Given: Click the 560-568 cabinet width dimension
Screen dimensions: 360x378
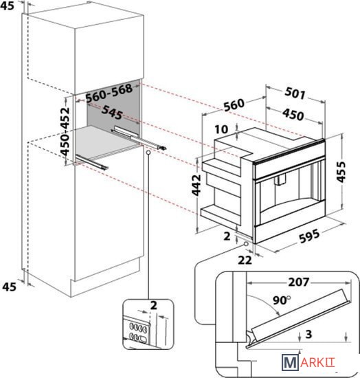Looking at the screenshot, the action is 109,93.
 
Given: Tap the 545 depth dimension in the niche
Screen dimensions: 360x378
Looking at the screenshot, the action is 112,112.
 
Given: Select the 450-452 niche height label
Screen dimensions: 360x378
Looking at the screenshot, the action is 65,132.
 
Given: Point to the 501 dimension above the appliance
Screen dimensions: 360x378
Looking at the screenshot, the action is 295,93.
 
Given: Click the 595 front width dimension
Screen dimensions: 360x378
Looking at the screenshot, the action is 309,236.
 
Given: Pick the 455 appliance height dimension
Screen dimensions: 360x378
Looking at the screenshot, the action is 341,172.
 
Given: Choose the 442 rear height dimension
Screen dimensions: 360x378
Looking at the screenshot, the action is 196,185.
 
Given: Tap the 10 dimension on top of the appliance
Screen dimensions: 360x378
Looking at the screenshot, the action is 221,129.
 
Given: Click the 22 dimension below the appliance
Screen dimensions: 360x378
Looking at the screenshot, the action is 245,260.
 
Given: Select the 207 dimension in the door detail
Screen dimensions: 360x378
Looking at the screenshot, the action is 299,282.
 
